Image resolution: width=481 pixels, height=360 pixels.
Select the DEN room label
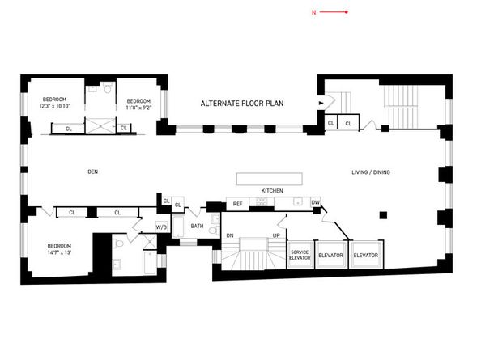click(x=92, y=172)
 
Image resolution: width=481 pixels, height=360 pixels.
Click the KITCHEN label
click(x=271, y=190)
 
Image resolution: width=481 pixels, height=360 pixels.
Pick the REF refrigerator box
click(x=238, y=203)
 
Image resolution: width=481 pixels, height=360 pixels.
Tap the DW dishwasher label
click(x=315, y=202)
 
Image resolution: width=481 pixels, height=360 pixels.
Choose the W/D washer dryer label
click(x=161, y=227)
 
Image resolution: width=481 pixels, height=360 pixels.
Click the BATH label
click(x=197, y=226)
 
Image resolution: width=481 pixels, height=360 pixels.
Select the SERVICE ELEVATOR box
click(x=300, y=255)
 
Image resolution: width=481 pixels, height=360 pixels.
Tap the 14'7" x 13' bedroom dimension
click(x=59, y=252)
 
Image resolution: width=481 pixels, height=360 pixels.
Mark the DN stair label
click(x=230, y=235)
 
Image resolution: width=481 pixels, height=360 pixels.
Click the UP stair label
click(x=276, y=235)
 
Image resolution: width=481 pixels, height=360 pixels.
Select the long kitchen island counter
click(x=270, y=179)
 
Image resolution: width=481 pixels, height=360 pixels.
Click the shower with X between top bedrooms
click(x=101, y=126)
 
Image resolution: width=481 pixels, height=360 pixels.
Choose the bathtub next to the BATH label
click(x=178, y=227)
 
